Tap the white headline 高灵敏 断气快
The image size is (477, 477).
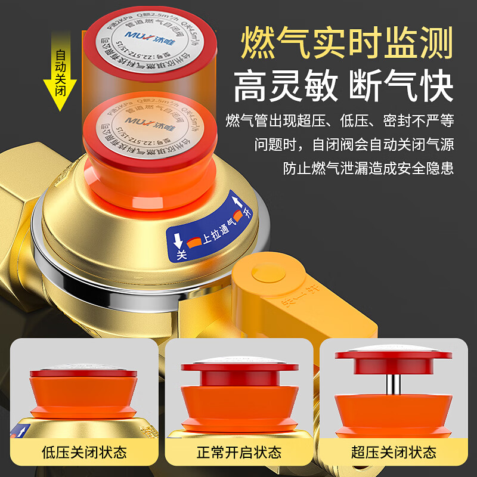tap(343, 86)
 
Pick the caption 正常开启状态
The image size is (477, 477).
tap(238, 452)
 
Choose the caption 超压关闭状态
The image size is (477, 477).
tap(394, 452)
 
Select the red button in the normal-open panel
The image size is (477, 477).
tap(239, 373)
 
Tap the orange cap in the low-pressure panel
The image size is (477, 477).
tap(83, 391)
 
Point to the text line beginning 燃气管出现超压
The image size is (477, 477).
tap(340, 122)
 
